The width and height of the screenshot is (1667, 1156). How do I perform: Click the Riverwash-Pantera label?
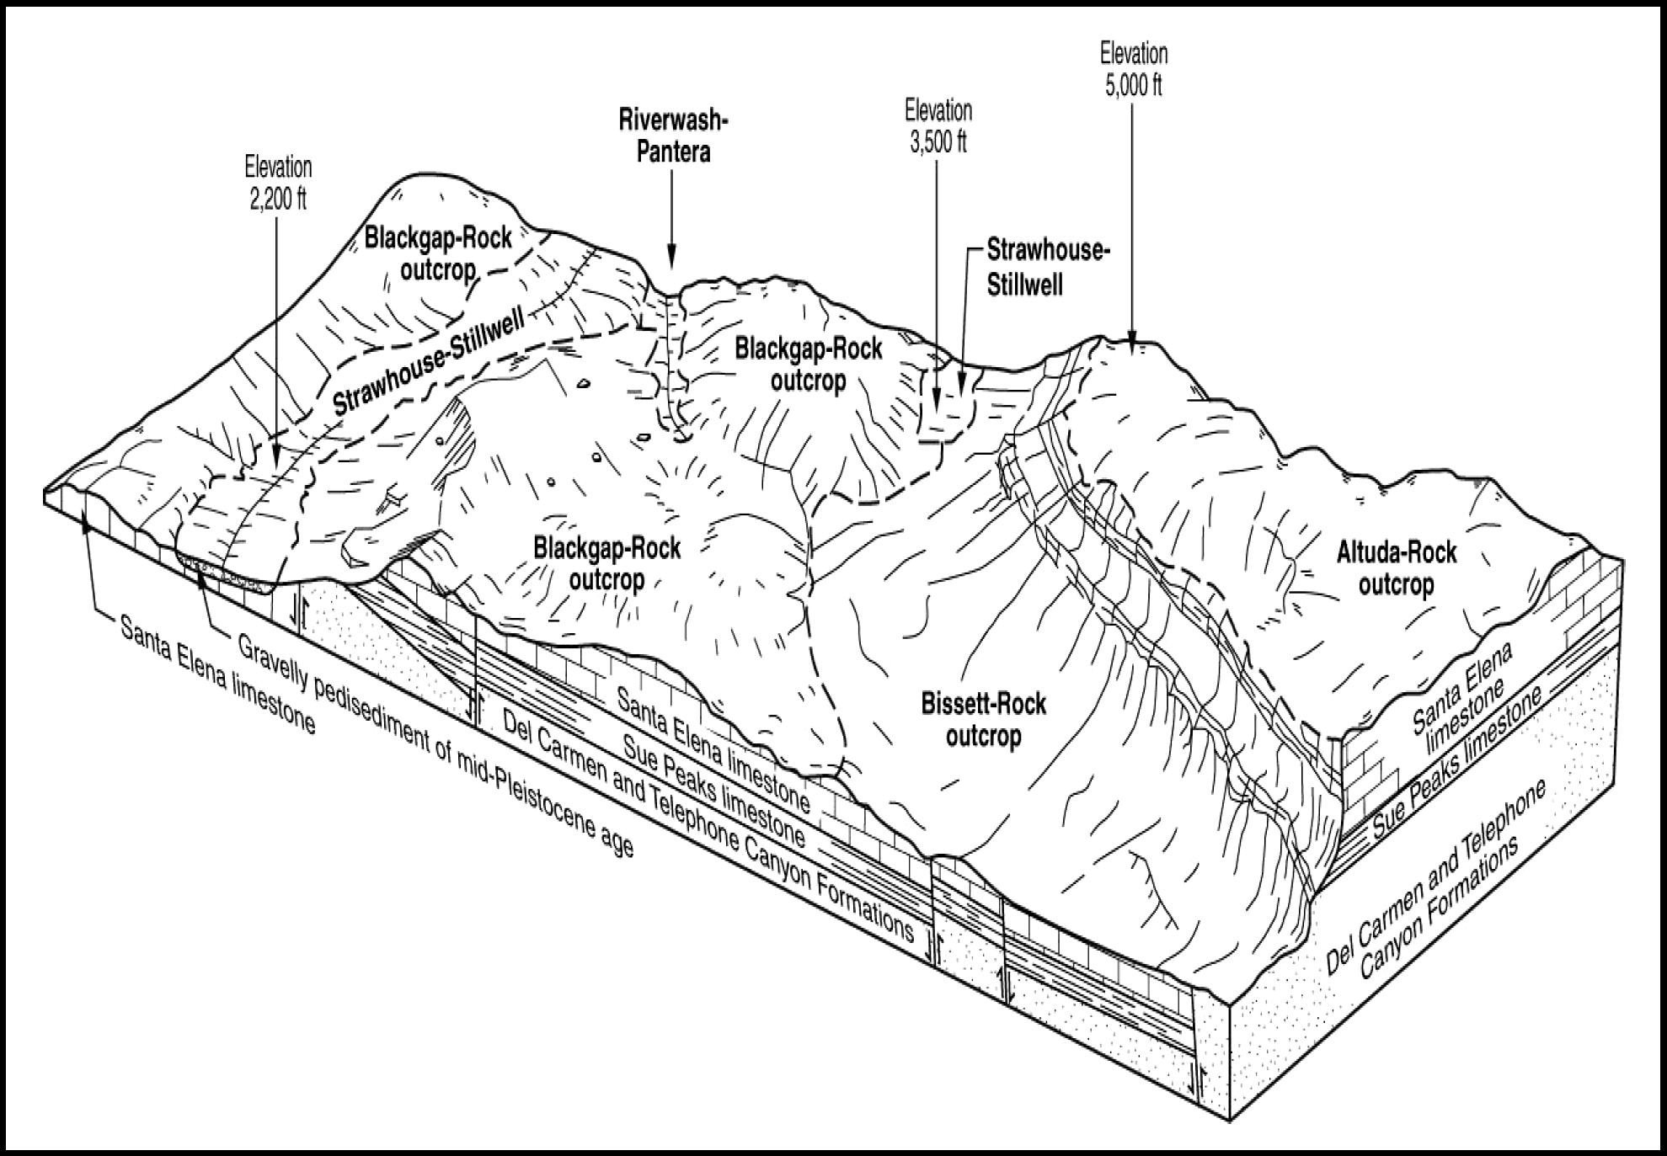pos(672,136)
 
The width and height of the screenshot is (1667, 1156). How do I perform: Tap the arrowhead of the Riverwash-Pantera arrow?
pos(671,262)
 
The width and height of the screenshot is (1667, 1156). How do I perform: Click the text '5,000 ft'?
pos(1133,85)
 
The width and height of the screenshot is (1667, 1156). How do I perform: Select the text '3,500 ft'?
pos(938,141)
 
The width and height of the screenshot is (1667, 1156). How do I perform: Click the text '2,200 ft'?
pos(278,199)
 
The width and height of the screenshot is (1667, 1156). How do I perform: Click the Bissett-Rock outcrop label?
pos(983,720)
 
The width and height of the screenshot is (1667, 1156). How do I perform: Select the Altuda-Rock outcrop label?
pos(1396,568)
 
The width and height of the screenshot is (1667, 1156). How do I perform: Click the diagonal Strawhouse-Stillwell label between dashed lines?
pos(430,361)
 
